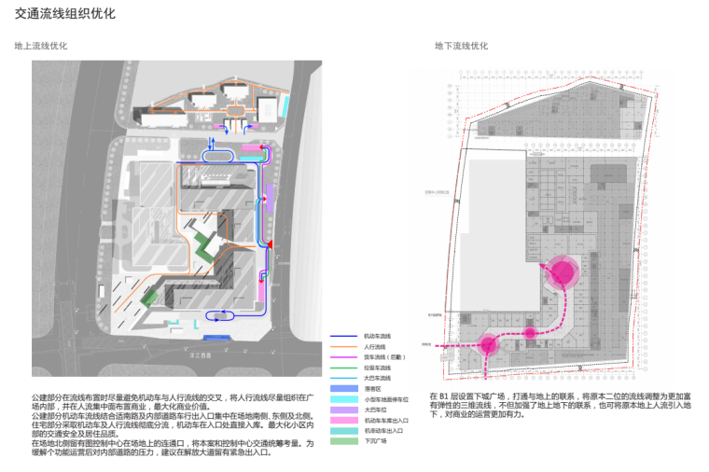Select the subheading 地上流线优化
pos(41,46)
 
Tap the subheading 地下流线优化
pos(462,46)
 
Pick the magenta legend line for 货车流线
pos(346,356)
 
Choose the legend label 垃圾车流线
pos(378,368)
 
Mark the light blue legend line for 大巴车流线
pos(346,378)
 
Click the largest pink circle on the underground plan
pos(563,272)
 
